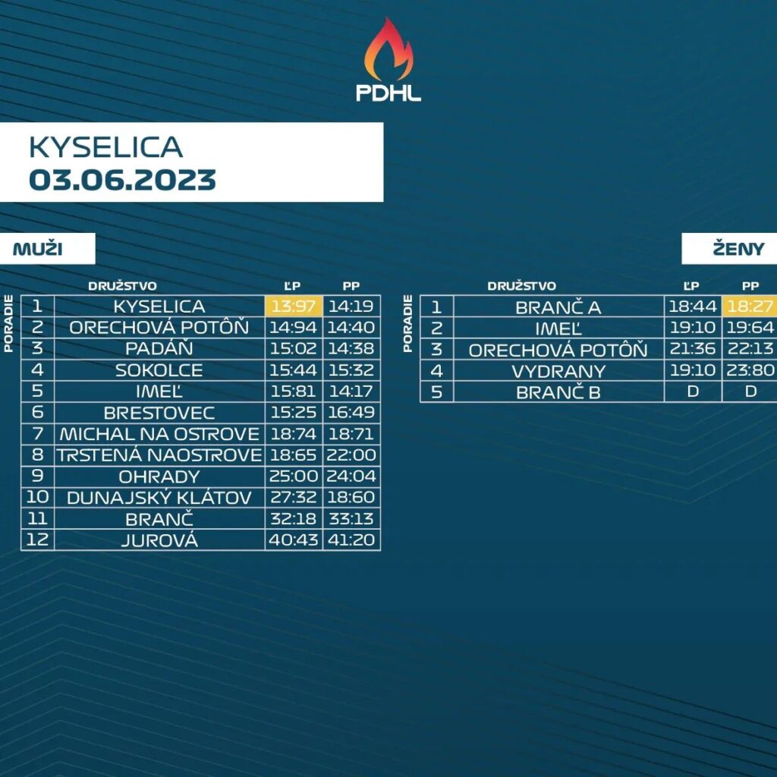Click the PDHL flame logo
388,59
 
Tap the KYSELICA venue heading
106,147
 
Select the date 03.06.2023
122,180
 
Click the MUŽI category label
38,249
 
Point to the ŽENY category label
738,249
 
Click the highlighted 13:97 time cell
294,306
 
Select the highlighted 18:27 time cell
750,307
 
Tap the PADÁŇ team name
159,348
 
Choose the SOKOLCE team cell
159,370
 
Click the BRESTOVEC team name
159,413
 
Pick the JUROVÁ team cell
159,540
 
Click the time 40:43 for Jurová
294,539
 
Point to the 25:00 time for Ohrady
294,477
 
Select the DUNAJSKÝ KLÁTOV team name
159,498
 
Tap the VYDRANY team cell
558,371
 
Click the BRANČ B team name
558,392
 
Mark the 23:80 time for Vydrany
750,370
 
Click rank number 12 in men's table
38,539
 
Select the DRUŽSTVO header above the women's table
521,286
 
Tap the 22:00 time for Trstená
351,455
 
